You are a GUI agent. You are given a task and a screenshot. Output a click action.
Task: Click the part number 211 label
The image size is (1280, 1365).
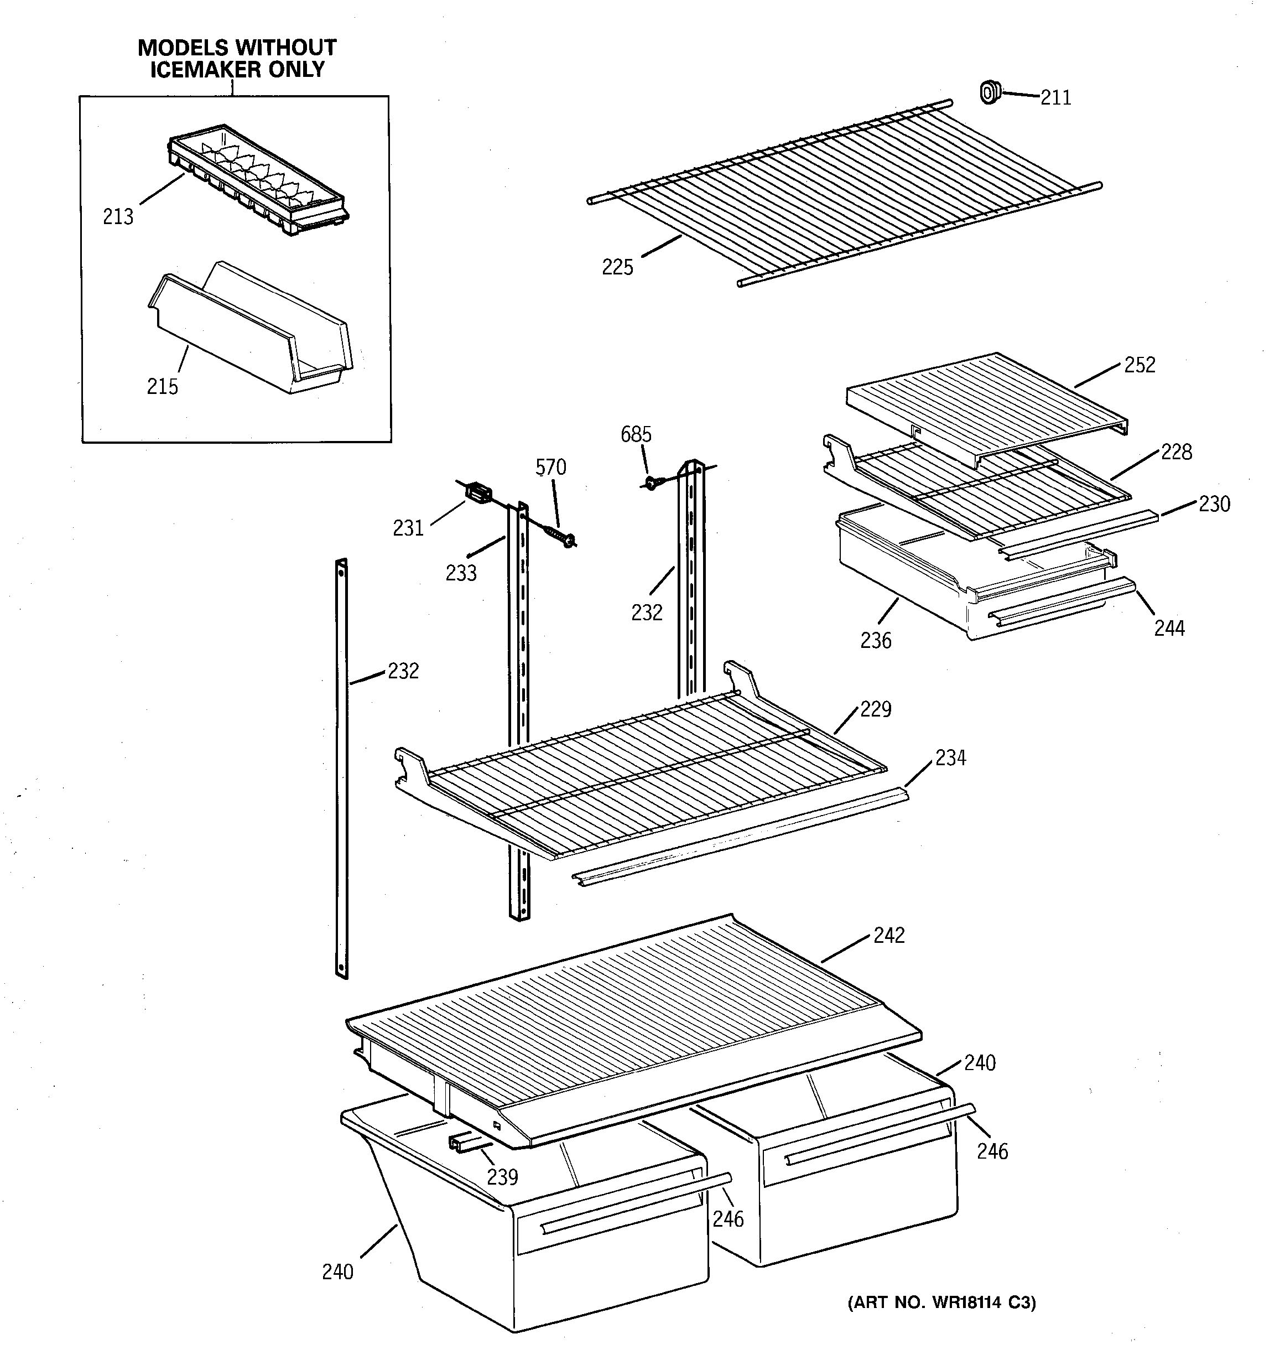[x=1055, y=98]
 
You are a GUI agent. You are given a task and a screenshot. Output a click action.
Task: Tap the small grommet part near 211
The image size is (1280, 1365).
[x=989, y=92]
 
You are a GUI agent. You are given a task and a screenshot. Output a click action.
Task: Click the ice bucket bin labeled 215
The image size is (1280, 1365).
[x=251, y=330]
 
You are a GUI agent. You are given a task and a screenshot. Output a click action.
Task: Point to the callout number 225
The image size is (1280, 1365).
[x=617, y=267]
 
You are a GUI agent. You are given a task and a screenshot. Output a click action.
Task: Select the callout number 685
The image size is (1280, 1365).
[x=636, y=435]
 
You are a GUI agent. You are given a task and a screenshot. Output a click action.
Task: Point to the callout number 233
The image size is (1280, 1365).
[x=461, y=573]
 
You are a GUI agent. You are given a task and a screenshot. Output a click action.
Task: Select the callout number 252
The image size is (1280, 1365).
[x=1139, y=365]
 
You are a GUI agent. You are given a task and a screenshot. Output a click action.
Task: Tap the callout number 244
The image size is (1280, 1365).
[x=1169, y=628]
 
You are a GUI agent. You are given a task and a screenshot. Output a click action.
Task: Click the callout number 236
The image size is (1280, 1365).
[x=875, y=641]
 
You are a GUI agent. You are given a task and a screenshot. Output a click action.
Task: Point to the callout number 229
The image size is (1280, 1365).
[x=875, y=709]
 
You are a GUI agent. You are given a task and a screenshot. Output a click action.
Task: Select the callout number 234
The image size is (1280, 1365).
[x=950, y=758]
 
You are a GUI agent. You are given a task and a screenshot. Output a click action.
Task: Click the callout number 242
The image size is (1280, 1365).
[x=889, y=935]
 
